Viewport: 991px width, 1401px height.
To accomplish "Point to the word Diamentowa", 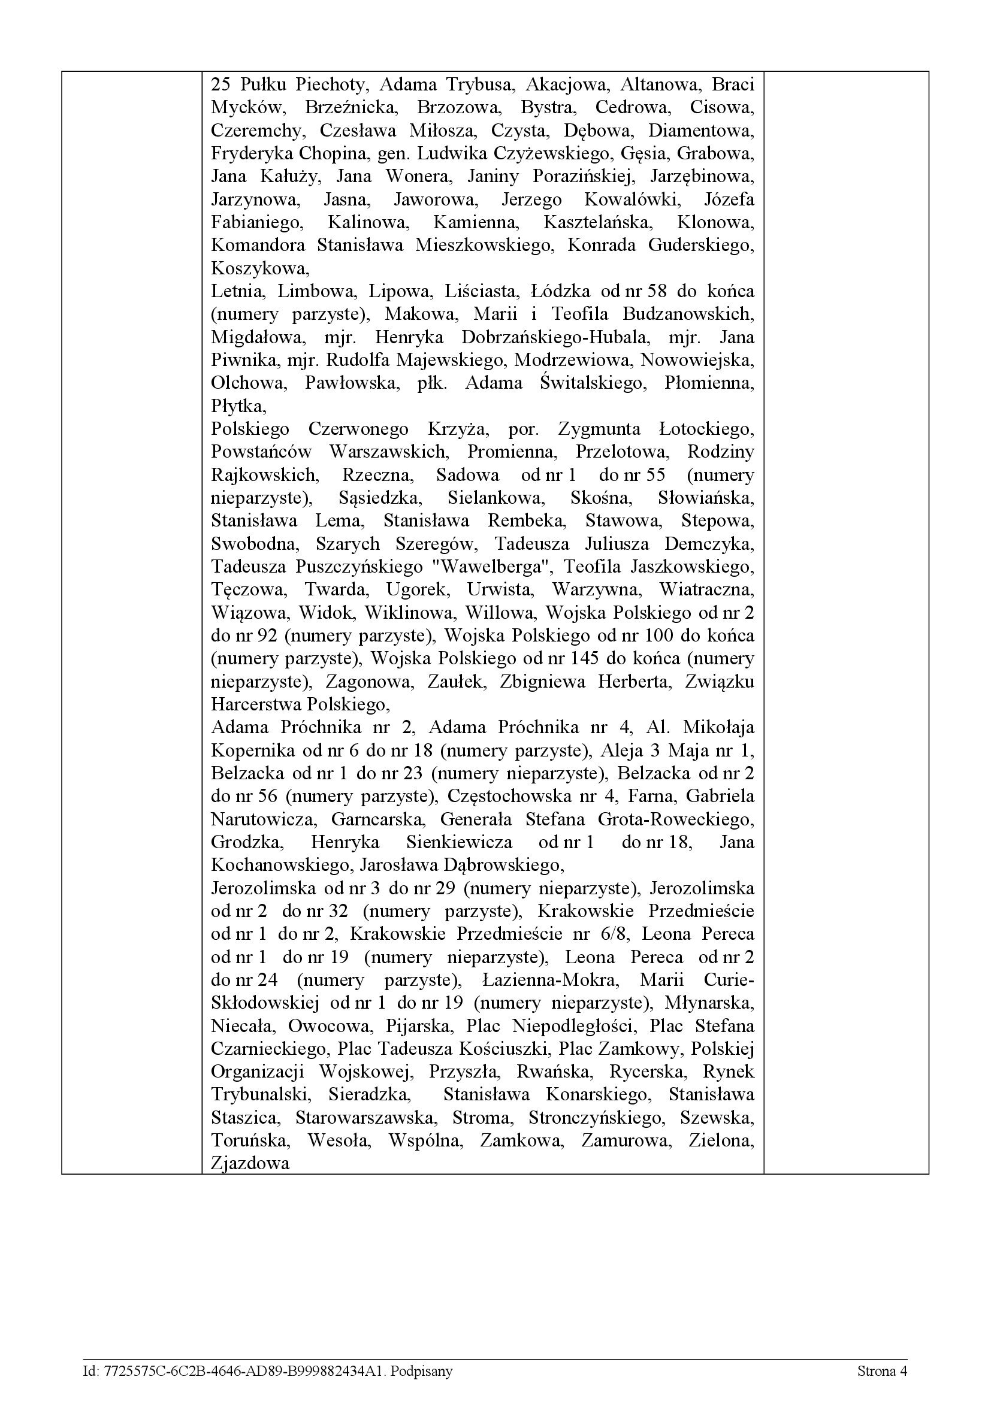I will click(701, 130).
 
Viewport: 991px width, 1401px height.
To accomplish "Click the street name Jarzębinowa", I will click(702, 176).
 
